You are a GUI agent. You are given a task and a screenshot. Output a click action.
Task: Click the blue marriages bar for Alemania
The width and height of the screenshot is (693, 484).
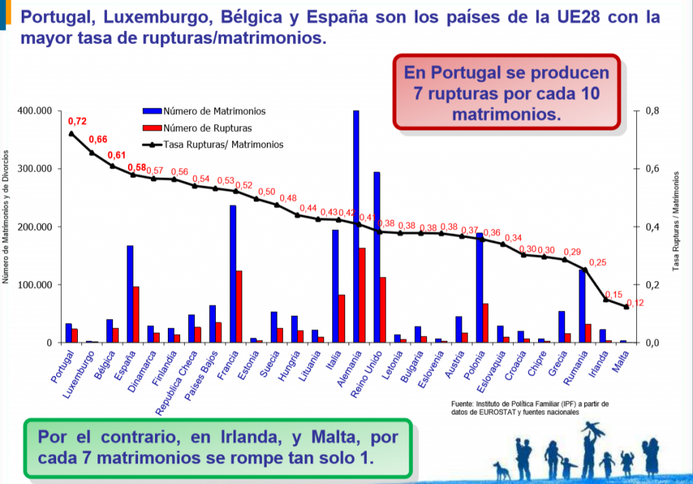(x=356, y=226)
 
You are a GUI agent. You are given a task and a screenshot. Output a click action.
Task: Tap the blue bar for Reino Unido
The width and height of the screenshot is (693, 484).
(x=376, y=257)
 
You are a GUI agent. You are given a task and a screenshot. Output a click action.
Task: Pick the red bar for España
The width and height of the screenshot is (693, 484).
(x=136, y=315)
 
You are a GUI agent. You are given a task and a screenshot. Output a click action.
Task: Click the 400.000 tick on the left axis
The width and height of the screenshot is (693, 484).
(x=35, y=111)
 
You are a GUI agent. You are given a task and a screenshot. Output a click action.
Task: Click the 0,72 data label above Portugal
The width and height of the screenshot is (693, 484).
(x=77, y=121)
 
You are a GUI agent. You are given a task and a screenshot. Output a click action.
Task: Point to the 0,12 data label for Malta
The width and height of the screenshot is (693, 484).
(x=635, y=303)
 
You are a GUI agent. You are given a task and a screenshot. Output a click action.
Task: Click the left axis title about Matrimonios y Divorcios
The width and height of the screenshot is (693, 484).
(x=5, y=227)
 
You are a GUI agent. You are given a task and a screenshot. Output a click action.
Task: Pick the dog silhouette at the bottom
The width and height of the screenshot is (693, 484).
(x=501, y=470)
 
